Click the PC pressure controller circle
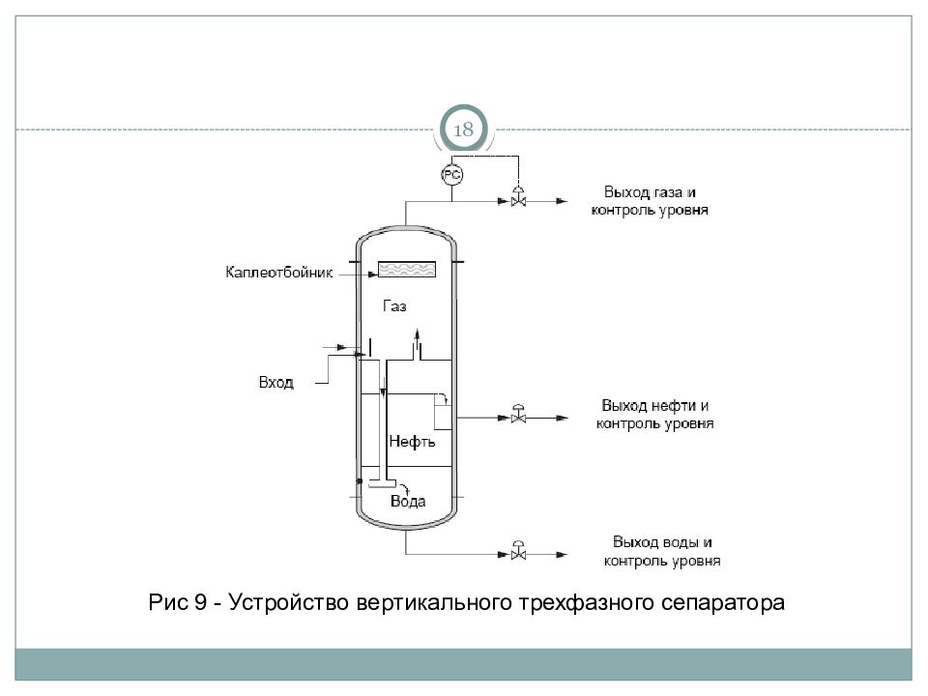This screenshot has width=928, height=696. pos(452,175)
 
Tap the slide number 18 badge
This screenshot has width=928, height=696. pos(463,129)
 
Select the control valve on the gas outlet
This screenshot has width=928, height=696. pos(518,196)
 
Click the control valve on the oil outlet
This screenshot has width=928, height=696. pos(518,414)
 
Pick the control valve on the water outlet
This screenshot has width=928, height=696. pos(518,550)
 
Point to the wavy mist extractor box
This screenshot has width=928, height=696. pos(407,270)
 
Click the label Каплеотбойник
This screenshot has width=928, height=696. pos(278,273)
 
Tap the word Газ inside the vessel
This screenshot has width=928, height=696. pos(394,306)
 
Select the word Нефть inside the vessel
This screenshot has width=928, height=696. pos(412,442)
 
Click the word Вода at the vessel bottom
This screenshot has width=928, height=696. pos(408,502)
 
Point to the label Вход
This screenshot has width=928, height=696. pos(275,383)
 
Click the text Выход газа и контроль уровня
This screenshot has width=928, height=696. pos(650,201)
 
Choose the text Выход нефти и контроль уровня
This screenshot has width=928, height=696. pos(655,415)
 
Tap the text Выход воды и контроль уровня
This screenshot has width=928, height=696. pos(662,551)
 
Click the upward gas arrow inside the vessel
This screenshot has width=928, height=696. pos(417,342)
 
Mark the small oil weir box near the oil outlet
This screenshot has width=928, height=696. pos(443,417)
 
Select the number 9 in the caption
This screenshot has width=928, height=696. pos(200,602)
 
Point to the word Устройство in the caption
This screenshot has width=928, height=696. pos(289,602)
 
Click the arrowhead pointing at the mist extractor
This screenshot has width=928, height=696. pos(373,274)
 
